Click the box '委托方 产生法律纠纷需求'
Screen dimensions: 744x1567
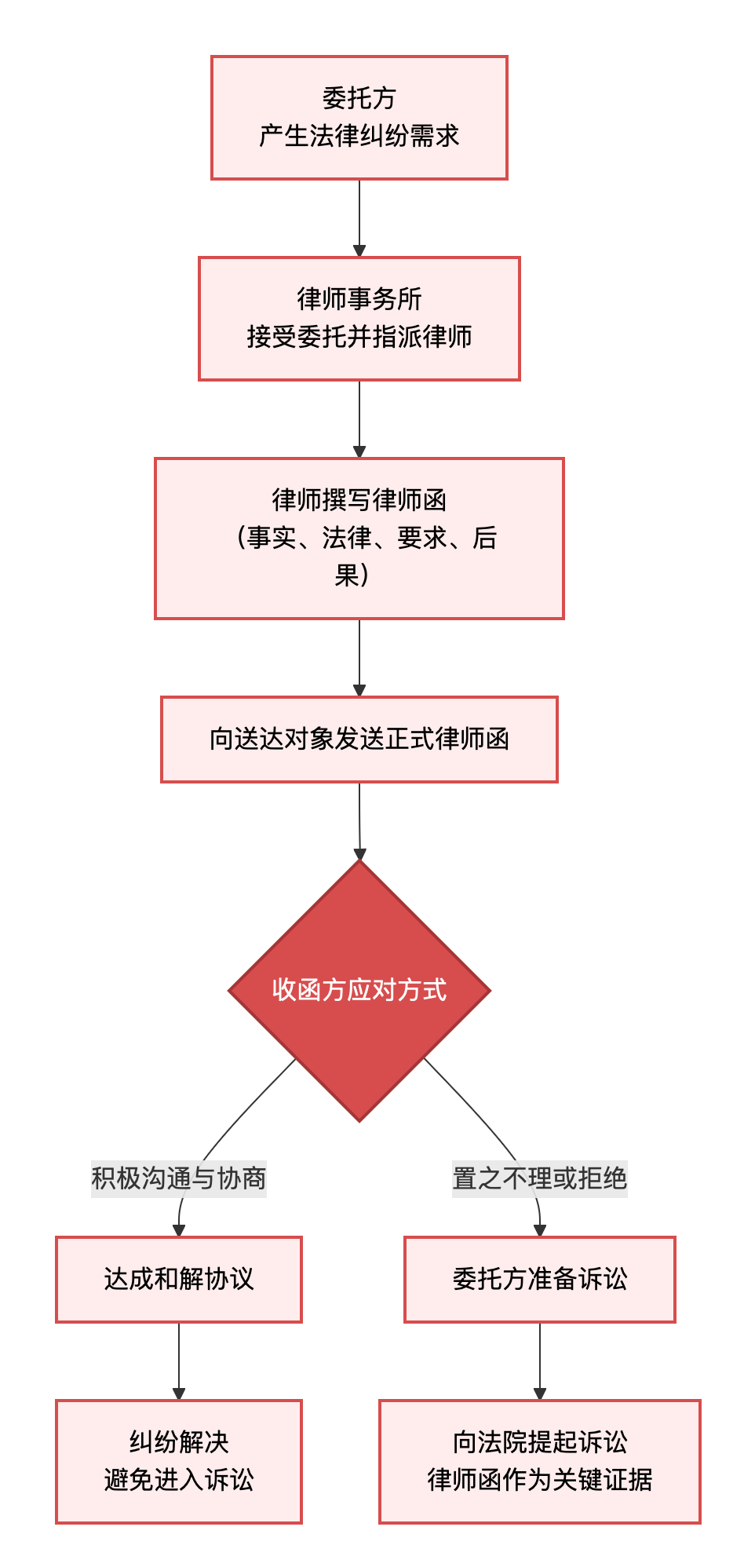(359, 118)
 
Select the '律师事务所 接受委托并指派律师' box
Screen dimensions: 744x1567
(359, 319)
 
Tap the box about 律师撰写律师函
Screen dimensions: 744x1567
(359, 539)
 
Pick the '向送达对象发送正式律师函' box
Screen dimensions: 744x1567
(359, 740)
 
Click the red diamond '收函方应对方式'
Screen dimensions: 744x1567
(359, 991)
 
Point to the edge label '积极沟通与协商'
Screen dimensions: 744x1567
(179, 1178)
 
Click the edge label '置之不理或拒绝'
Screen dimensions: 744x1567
(540, 1178)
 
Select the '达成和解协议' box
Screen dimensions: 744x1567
(179, 1280)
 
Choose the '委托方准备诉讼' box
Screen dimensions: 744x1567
(540, 1280)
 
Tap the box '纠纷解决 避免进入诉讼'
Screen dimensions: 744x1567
(179, 1462)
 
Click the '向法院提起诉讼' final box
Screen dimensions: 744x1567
(540, 1462)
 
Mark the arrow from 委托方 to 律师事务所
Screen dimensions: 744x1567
(359, 218)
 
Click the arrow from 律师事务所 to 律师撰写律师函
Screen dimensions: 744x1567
(359, 419)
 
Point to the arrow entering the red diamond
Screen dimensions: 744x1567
(359, 821)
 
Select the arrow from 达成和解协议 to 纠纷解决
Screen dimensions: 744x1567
(179, 1361)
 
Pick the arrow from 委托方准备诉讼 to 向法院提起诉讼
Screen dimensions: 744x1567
(540, 1361)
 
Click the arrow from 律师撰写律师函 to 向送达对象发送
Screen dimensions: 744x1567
(359, 658)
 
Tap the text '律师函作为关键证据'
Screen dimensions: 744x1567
(540, 1480)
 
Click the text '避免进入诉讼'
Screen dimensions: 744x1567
(179, 1480)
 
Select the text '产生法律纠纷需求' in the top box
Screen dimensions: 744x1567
(359, 136)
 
